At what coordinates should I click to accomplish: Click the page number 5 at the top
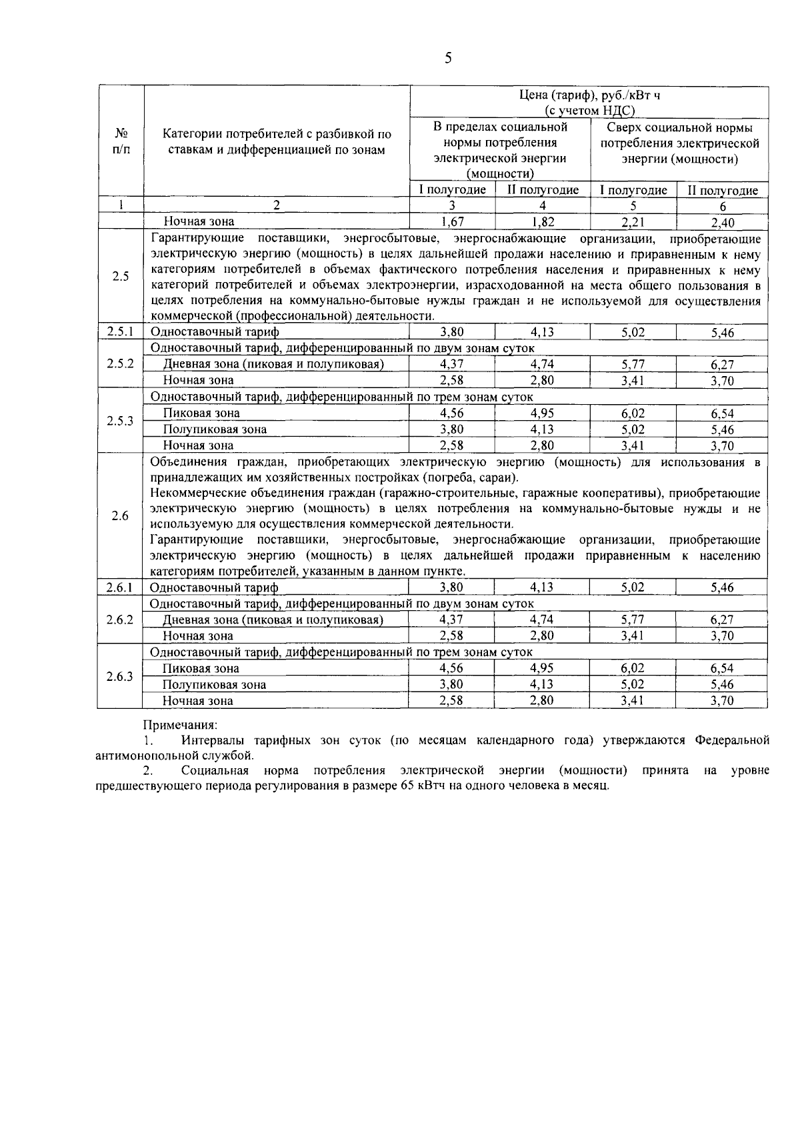click(448, 59)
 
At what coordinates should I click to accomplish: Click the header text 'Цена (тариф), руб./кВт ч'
click(589, 95)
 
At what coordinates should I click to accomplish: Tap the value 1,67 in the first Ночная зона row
click(453, 221)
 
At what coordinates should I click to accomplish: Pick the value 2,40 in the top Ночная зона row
click(722, 222)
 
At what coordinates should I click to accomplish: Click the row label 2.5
click(121, 276)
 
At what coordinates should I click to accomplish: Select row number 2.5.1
click(121, 331)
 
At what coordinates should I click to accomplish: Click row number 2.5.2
click(121, 363)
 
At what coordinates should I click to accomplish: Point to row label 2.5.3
click(121, 421)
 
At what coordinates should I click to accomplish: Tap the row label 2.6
click(120, 515)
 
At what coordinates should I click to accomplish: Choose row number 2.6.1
click(121, 588)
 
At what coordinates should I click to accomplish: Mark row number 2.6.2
click(121, 620)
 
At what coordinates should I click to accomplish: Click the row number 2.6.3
click(121, 676)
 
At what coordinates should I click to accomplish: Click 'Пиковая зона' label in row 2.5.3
click(201, 413)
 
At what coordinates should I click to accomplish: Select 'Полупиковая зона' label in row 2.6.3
click(214, 685)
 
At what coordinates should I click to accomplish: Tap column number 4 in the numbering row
click(543, 206)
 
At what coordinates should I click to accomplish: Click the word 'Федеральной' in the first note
click(732, 740)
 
